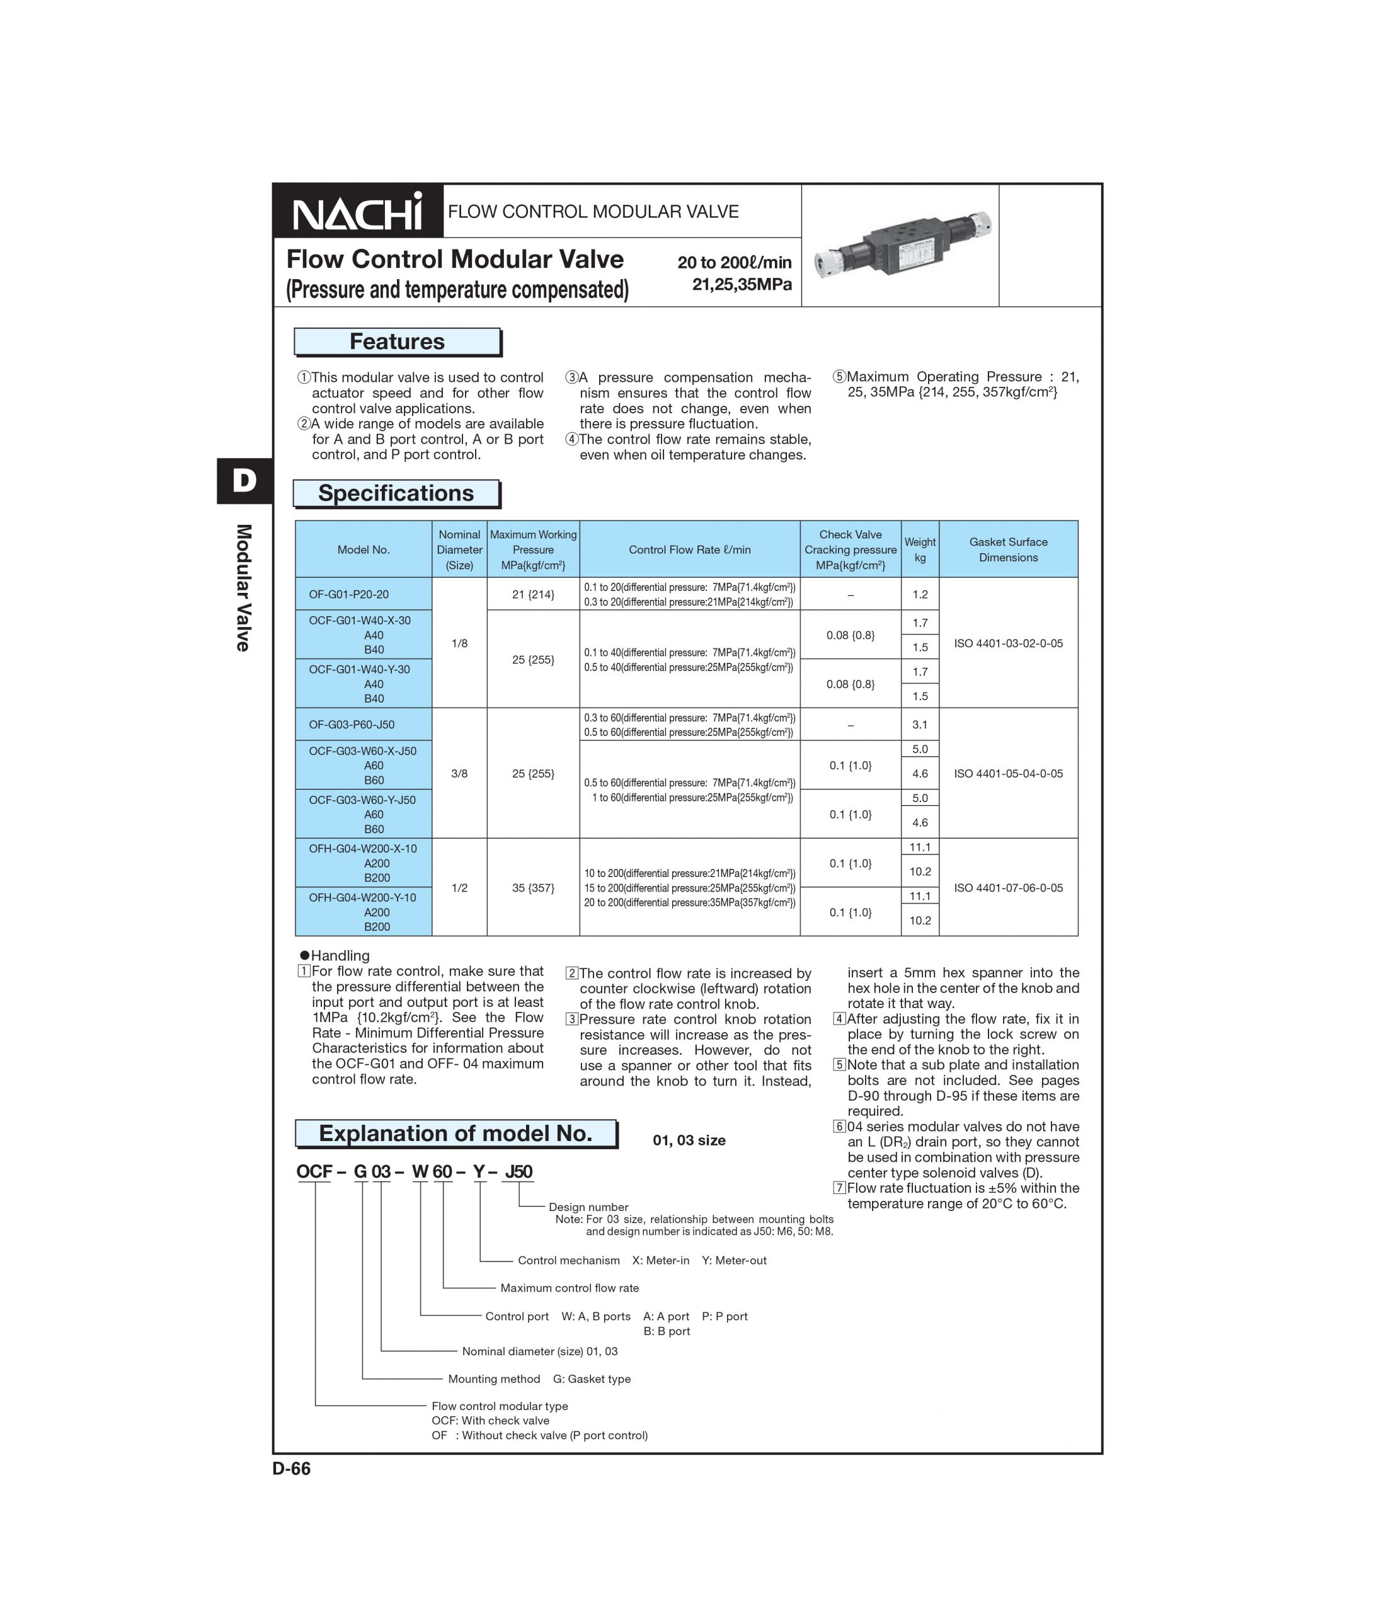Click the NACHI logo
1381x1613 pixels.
click(x=357, y=212)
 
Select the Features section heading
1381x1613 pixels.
click(x=397, y=342)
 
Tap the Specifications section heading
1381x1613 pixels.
click(x=396, y=493)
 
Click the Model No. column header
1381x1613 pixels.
click(x=363, y=549)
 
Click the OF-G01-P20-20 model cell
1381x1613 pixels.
click(x=349, y=594)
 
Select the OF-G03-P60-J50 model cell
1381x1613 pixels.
click(x=352, y=725)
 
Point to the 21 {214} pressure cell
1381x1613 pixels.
click(x=533, y=595)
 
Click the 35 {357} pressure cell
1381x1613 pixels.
click(x=533, y=887)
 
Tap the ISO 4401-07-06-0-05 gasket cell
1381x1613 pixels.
click(x=1008, y=887)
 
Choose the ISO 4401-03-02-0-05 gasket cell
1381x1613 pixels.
click(x=1008, y=643)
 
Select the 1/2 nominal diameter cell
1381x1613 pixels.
click(x=459, y=887)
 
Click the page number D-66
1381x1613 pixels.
click(x=292, y=1469)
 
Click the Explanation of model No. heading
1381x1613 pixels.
click(x=456, y=1134)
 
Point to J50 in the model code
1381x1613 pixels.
click(x=519, y=1173)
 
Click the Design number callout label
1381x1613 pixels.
click(x=588, y=1207)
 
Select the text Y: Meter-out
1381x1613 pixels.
click(x=734, y=1260)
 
